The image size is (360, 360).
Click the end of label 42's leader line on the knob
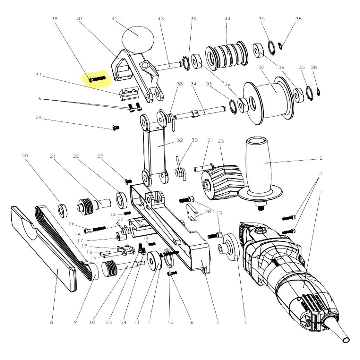pyautogui.click(x=138, y=35)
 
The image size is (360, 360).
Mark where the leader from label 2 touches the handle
pyautogui.click(x=266, y=163)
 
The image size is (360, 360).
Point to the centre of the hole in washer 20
pyautogui.click(x=62, y=210)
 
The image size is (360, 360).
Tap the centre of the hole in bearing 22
pyautogui.click(x=120, y=199)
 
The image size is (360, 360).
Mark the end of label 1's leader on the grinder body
pyautogui.click(x=303, y=287)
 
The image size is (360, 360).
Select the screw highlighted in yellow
pyautogui.click(x=97, y=79)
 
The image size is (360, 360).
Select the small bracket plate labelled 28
pyautogui.click(x=192, y=212)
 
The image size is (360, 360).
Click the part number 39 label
pyautogui.click(x=54, y=19)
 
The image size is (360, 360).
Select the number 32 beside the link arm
pyautogui.click(x=180, y=140)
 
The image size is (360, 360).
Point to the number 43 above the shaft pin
pyautogui.click(x=161, y=19)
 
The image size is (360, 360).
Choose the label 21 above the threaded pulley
pyautogui.click(x=53, y=156)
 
